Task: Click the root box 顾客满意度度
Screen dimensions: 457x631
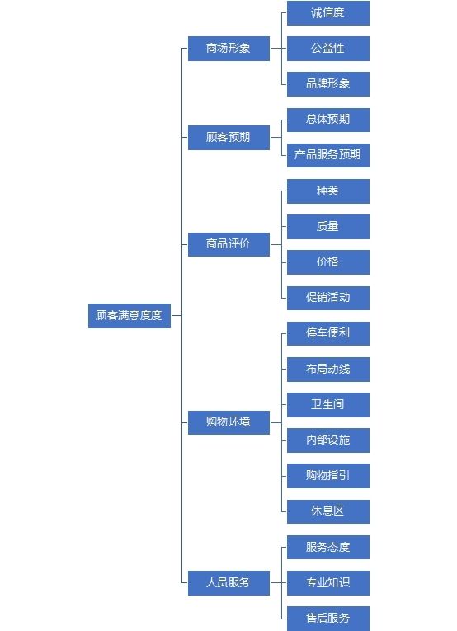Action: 130,315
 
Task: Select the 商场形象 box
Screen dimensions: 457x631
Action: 228,49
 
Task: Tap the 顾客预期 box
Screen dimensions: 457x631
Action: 228,137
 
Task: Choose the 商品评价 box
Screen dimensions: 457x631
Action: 228,244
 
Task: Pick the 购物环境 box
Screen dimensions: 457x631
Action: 228,422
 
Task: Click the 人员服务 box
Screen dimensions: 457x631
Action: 228,582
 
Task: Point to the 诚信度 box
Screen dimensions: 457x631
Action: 328,13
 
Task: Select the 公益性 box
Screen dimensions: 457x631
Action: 328,49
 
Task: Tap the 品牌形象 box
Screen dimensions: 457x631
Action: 328,83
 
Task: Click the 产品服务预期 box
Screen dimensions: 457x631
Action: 328,155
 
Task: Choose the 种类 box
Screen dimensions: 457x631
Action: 328,191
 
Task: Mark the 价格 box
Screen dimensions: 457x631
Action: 328,262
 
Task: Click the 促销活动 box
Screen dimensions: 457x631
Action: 328,298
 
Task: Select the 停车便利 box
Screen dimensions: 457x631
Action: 328,333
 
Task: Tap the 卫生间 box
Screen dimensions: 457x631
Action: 328,404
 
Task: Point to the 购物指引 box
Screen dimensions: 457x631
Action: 328,476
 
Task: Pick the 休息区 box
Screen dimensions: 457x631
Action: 328,511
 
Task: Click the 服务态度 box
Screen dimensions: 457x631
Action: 328,547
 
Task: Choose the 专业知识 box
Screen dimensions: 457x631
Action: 328,582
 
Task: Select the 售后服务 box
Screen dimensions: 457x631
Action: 328,618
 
